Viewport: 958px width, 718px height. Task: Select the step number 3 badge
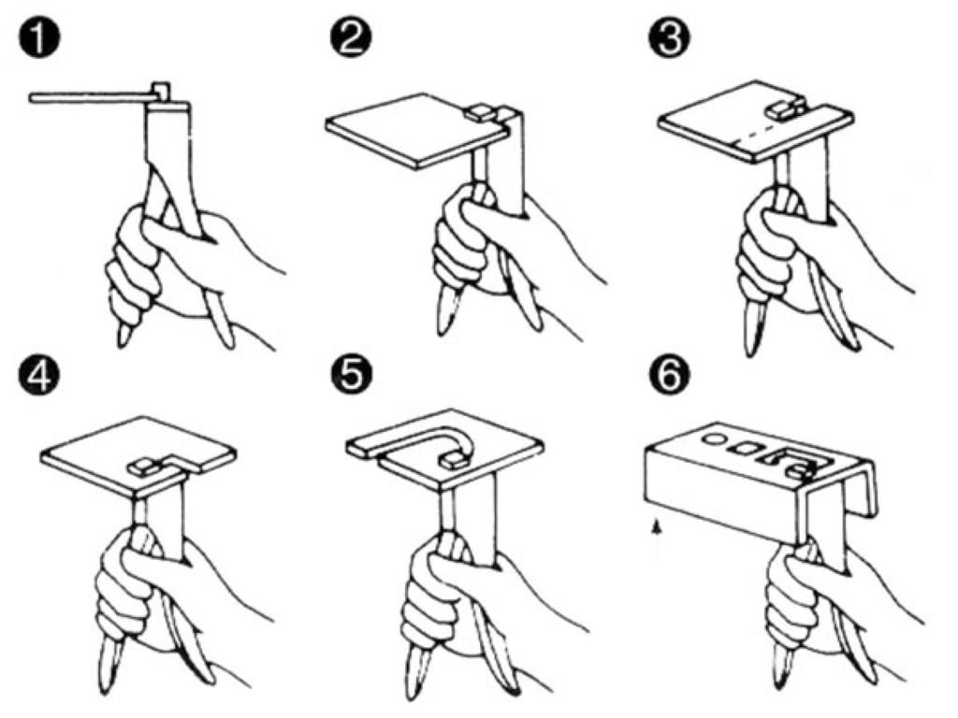669,38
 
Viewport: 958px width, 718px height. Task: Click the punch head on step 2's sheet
479,112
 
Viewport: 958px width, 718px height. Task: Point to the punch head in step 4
143,467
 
